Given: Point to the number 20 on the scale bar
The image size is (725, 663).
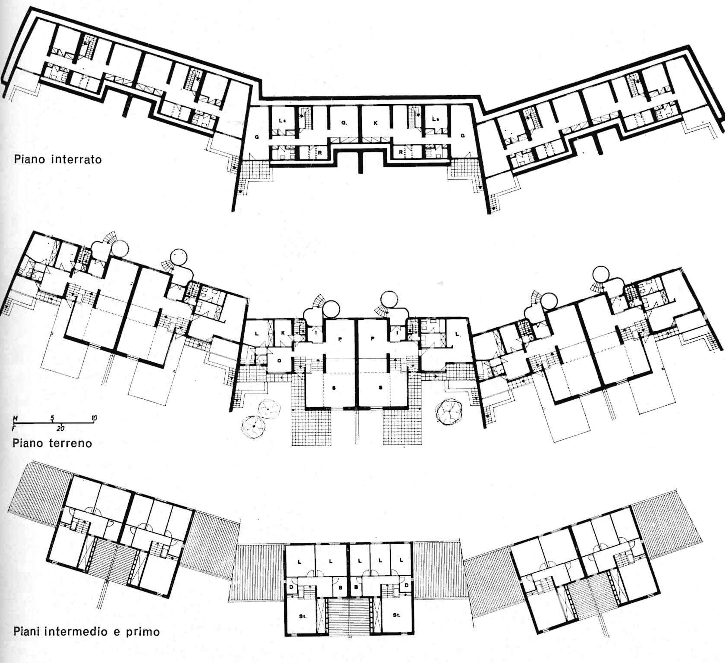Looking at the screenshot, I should (60, 428).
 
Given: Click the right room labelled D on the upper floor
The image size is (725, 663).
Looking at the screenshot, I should (406, 586).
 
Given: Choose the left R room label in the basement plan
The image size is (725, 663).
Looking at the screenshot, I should (320, 153).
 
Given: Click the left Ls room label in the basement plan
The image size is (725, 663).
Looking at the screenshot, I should (282, 121).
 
